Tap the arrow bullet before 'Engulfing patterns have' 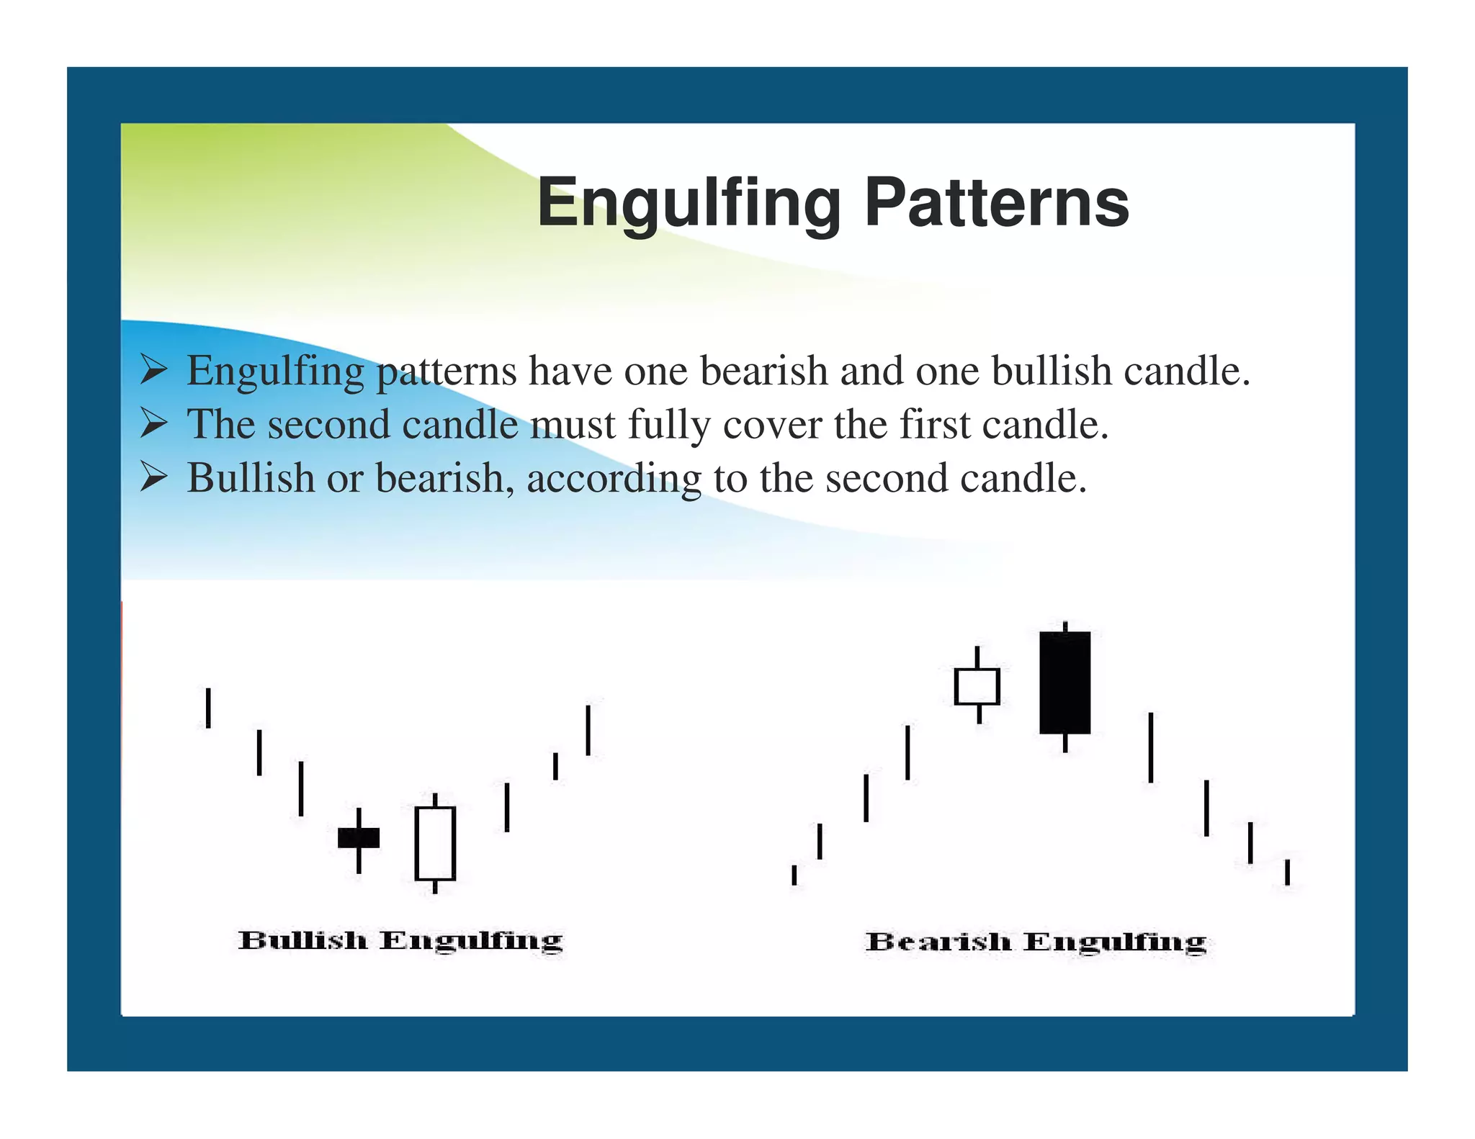153,371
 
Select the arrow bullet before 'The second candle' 153,423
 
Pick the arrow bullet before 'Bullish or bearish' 153,477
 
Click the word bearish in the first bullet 763,371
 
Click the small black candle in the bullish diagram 359,838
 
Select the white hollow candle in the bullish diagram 435,844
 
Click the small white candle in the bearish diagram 977,686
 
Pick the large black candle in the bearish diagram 1064,683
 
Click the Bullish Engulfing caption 400,941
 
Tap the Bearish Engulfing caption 1036,942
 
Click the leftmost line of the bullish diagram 208,708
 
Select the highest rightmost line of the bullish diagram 588,730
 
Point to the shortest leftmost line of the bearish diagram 794,875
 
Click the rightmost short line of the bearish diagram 1286,872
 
